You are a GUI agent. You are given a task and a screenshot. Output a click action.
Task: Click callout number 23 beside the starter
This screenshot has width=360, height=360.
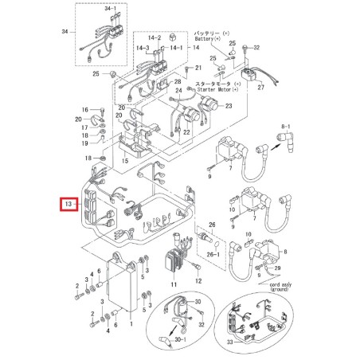tap(228, 105)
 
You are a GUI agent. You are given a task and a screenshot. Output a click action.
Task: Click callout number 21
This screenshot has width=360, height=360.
tap(189, 69)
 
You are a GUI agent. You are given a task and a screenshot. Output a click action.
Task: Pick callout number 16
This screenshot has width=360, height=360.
tap(84, 109)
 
